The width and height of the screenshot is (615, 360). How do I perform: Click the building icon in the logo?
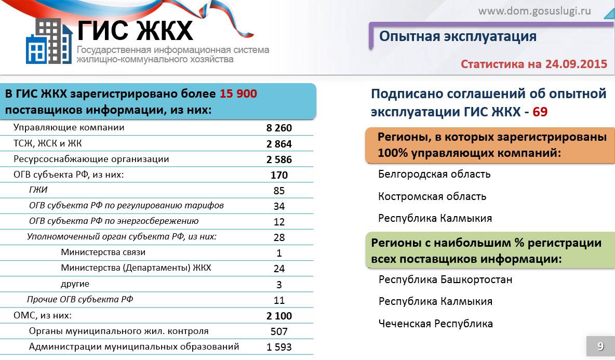[x=49, y=41]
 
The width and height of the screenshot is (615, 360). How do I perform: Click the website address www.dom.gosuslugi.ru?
[x=534, y=10]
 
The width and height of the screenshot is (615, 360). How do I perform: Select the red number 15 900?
[x=238, y=94]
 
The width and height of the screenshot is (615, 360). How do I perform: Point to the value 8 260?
[x=279, y=128]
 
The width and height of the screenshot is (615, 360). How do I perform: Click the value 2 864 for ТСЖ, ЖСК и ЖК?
[x=279, y=144]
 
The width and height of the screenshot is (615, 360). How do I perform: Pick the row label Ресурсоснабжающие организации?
[x=91, y=159]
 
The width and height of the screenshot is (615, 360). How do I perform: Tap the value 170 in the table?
[x=279, y=175]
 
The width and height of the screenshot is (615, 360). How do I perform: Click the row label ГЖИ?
[x=38, y=190]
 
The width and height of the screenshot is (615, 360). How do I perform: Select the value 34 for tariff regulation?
[x=279, y=206]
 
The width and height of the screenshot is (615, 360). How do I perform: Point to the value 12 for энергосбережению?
[x=279, y=222]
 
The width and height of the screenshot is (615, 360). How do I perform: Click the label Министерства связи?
[x=103, y=252]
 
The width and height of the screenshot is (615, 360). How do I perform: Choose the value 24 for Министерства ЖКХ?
[x=279, y=269]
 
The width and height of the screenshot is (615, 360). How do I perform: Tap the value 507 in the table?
[x=279, y=331]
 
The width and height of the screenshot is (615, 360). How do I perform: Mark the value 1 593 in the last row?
[x=279, y=347]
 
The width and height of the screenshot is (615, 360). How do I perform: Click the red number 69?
[x=540, y=112]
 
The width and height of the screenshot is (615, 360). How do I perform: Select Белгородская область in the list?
[x=434, y=174]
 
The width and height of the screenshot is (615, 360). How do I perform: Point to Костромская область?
[x=432, y=196]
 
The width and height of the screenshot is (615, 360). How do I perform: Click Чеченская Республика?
[x=435, y=324]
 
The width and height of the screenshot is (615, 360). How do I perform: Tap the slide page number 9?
[x=600, y=346]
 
